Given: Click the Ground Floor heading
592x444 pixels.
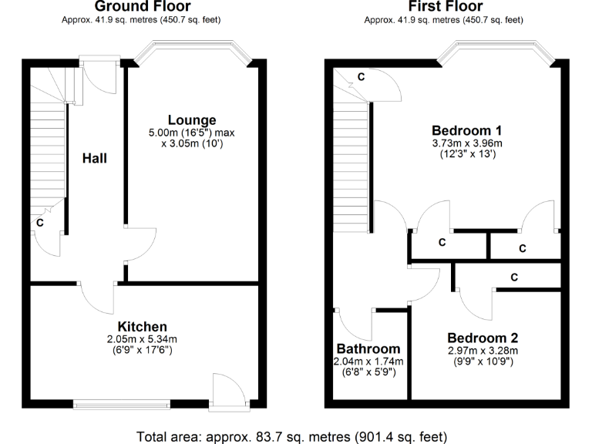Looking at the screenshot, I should [x=141, y=6].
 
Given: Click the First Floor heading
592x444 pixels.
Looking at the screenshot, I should [x=446, y=6].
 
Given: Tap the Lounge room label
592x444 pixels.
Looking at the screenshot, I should [x=192, y=119].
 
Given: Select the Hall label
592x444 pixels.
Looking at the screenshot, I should [x=95, y=159].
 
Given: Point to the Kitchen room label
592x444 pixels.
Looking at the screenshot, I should [x=142, y=326].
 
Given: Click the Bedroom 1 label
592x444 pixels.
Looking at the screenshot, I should [x=467, y=129].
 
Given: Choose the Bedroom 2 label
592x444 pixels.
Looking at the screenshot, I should [x=483, y=338].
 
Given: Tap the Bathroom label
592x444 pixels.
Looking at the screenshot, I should [x=368, y=348].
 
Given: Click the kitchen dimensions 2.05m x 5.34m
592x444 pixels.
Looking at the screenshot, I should [x=142, y=339].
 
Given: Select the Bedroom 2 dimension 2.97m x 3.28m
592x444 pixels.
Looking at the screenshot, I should [x=483, y=351].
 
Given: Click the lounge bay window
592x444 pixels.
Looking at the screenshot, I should [x=193, y=52].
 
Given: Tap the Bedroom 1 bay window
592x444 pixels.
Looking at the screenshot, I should [x=494, y=52].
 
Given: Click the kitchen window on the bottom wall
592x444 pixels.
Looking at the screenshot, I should [x=121, y=402].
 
